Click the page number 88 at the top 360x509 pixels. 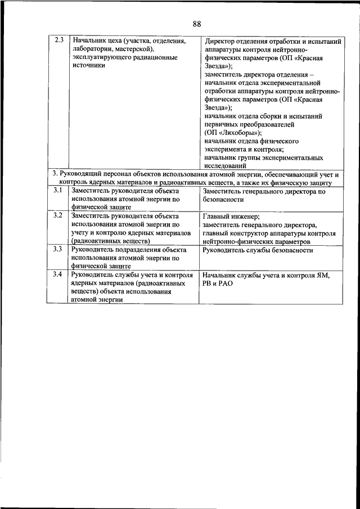tap(196, 23)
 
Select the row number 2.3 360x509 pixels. tap(58, 40)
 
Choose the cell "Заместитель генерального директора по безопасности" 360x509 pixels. tap(264, 195)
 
